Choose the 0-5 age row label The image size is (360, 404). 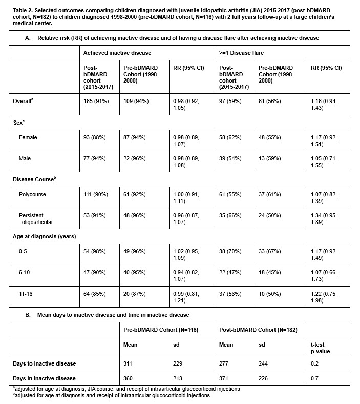[25, 257]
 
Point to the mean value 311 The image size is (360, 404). [130, 363]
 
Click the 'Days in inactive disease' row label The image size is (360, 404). [45, 378]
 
